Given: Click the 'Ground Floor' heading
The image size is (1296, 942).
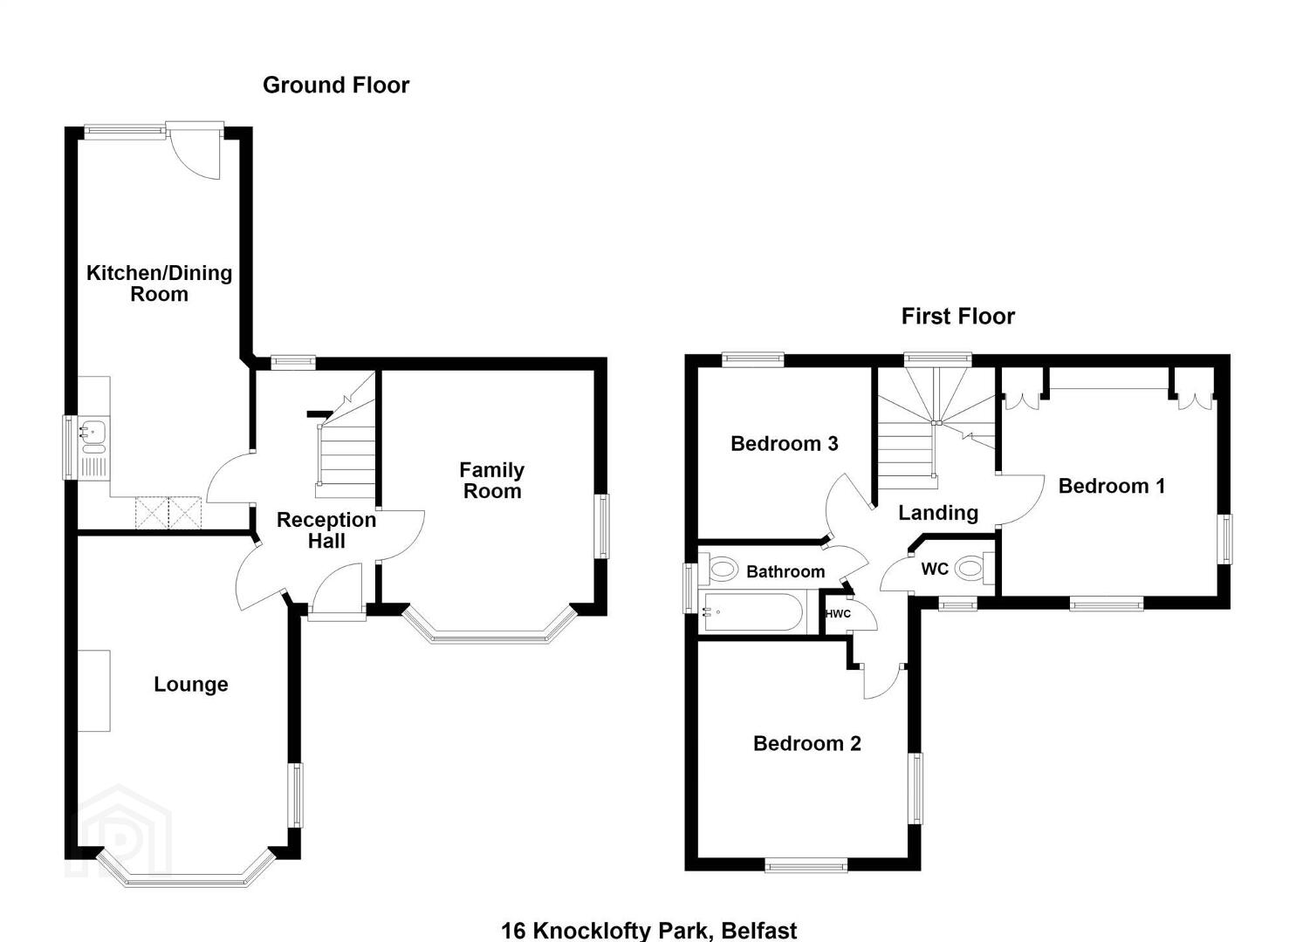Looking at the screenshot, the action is pyautogui.click(x=336, y=85).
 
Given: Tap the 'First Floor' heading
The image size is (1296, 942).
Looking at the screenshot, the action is pyautogui.click(x=957, y=317).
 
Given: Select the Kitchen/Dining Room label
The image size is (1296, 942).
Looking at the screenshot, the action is pyautogui.click(x=159, y=283).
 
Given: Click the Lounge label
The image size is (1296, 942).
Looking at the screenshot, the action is pyautogui.click(x=191, y=684).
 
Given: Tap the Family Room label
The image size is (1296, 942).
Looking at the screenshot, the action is pyautogui.click(x=492, y=481).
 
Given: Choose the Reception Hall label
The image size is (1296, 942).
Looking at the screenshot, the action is pyautogui.click(x=326, y=530).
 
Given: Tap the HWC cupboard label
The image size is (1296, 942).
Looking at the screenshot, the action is pyautogui.click(x=838, y=613).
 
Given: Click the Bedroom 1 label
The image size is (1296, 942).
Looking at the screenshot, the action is pyautogui.click(x=1112, y=486).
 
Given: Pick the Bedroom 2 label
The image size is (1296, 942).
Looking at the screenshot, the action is pyautogui.click(x=807, y=743).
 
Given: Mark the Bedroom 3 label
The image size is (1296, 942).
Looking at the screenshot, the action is pyautogui.click(x=784, y=444).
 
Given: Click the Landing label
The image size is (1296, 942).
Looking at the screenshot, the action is pyautogui.click(x=938, y=513).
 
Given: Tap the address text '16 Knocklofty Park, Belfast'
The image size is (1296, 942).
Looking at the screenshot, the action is pyautogui.click(x=648, y=931).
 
